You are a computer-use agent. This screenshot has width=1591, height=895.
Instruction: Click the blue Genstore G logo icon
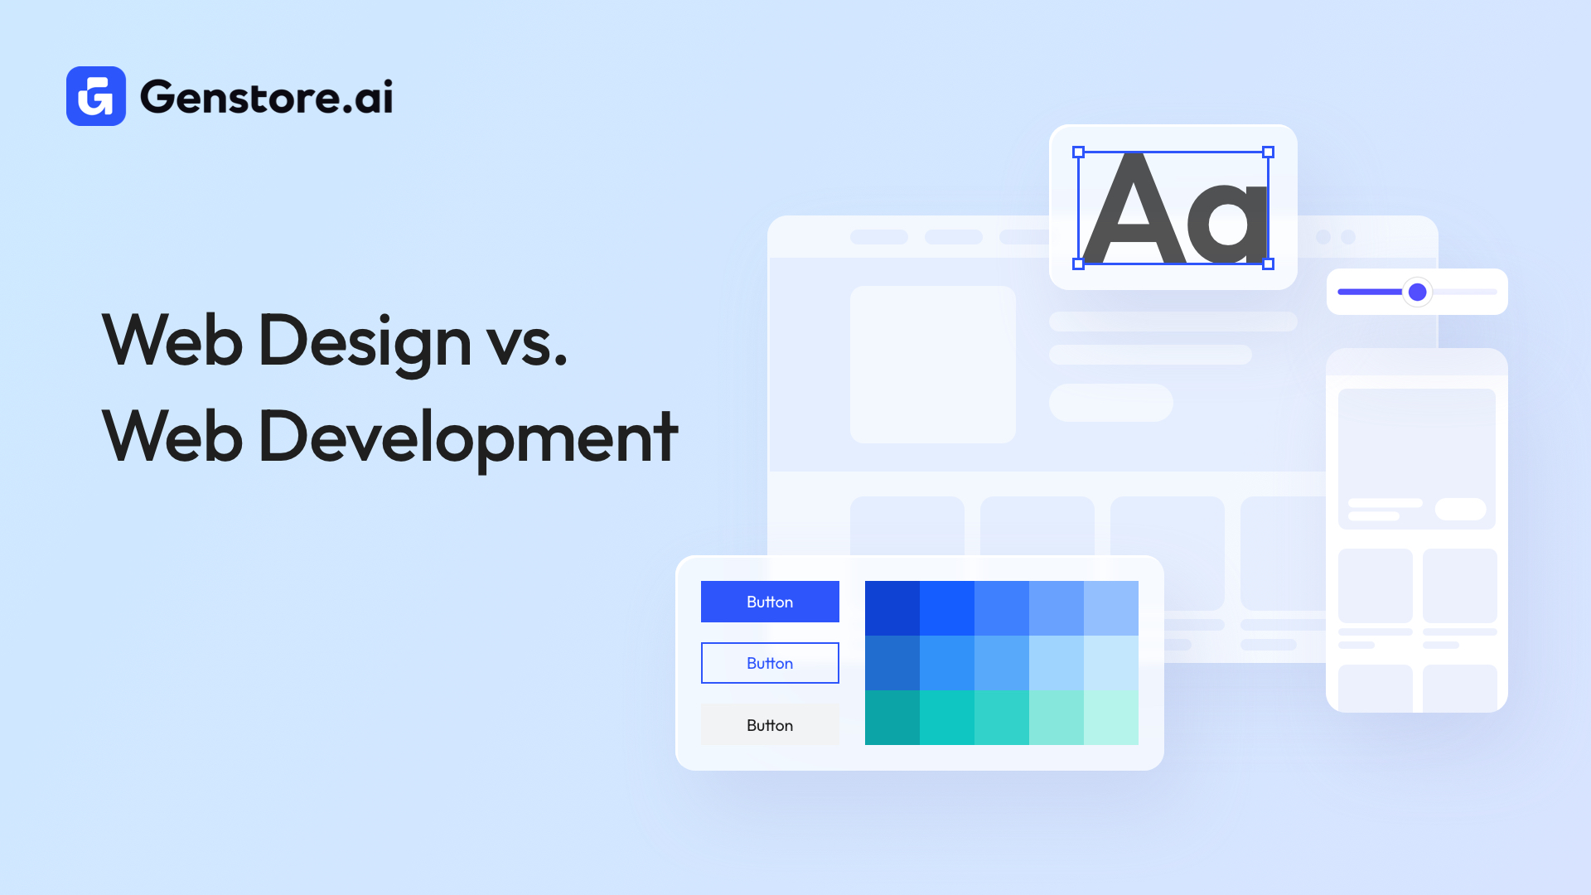(x=96, y=96)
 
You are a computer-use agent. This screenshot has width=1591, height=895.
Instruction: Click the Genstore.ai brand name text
(x=266, y=97)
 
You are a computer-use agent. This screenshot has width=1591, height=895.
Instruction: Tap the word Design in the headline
(x=365, y=341)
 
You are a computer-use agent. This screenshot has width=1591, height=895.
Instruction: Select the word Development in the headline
(x=468, y=437)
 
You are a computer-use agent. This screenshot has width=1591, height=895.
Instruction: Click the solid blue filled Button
(x=770, y=602)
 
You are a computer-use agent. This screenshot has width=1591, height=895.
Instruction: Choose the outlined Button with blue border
(x=770, y=663)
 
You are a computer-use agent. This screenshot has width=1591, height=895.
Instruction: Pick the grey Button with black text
(x=770, y=725)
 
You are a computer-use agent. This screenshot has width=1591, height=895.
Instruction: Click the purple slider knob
(x=1417, y=292)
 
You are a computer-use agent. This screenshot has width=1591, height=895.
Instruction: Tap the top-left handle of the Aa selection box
(x=1078, y=152)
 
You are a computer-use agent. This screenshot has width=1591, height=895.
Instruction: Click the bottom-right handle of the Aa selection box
(x=1268, y=264)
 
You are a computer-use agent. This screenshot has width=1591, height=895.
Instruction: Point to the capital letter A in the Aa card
(x=1134, y=211)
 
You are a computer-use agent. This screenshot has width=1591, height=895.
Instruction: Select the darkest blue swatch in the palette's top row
(x=892, y=608)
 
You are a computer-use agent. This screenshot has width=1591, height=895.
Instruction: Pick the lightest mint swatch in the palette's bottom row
(x=1111, y=718)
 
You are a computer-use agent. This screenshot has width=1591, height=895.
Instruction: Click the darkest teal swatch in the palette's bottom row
(x=892, y=718)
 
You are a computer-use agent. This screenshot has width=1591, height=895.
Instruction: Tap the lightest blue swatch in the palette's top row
(x=1111, y=608)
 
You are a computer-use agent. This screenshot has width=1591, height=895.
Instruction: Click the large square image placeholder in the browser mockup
(x=933, y=365)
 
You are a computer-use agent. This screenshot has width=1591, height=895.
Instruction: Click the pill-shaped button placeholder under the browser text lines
(x=1110, y=403)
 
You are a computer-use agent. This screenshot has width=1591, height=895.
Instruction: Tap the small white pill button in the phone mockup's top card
(x=1460, y=509)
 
